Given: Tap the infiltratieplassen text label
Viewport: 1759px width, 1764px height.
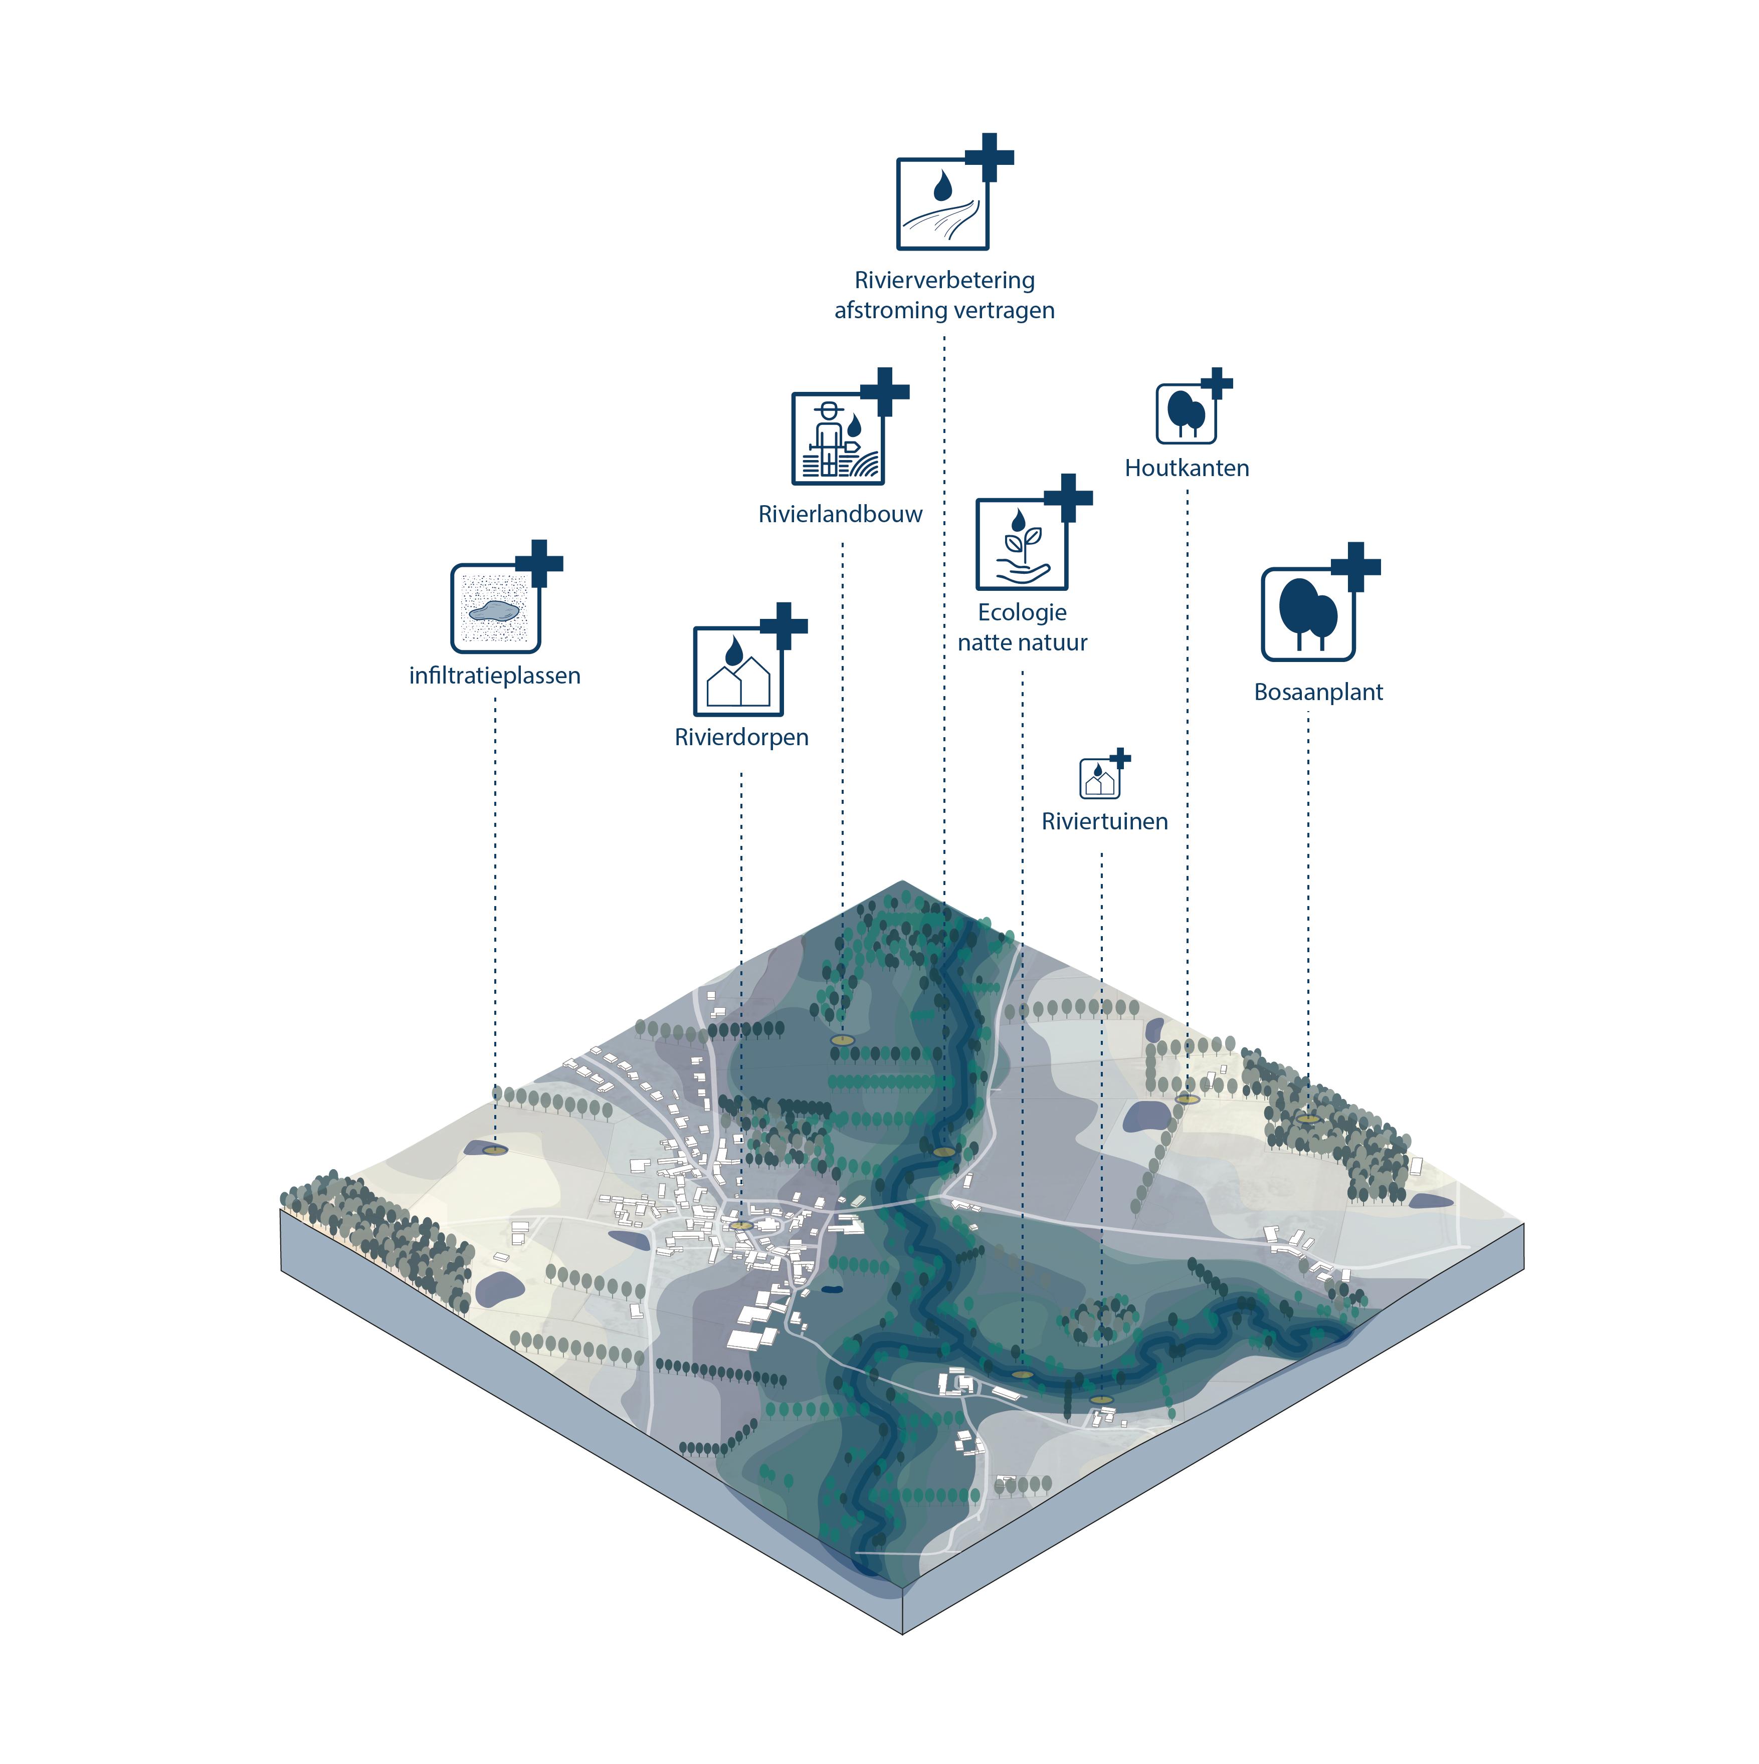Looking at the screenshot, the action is pos(494,676).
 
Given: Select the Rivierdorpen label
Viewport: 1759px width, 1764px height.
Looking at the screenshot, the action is pos(741,737).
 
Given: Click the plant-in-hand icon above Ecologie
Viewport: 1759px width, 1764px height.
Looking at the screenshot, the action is pos(1021,544).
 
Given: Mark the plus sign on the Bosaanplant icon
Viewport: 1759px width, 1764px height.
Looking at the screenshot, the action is pos(1355,566).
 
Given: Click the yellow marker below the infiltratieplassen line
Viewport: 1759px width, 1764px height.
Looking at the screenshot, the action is pos(494,1150).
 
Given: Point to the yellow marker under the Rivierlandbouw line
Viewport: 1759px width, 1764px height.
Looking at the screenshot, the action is pos(841,1040).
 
